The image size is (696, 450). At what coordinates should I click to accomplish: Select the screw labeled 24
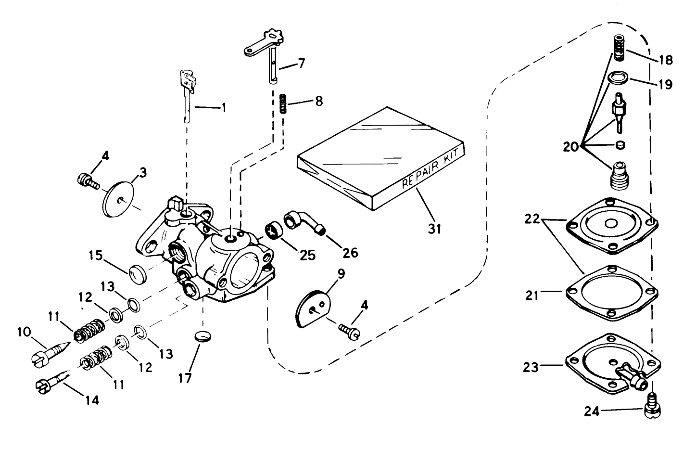point(652,404)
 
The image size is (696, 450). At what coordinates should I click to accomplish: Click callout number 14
point(91,399)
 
